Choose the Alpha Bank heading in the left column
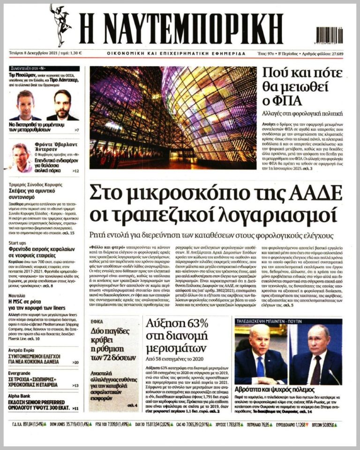click(22, 396)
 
